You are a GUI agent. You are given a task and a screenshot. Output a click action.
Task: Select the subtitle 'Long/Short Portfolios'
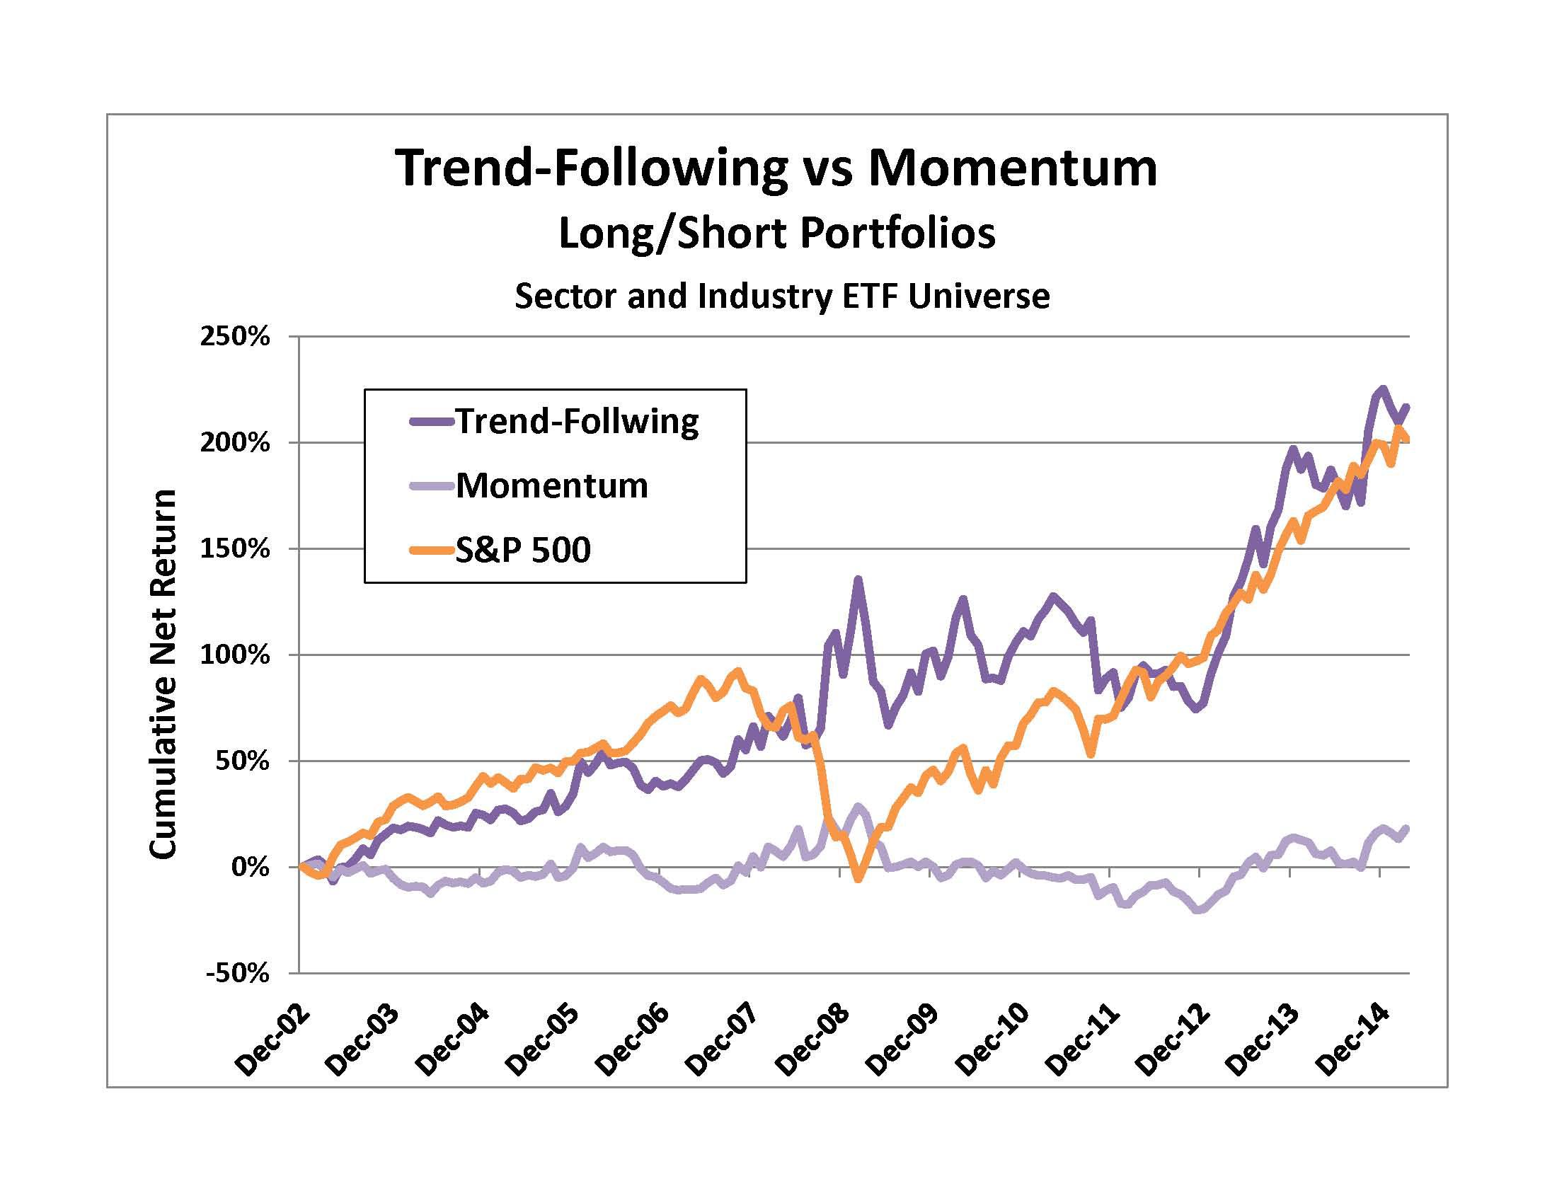click(x=776, y=233)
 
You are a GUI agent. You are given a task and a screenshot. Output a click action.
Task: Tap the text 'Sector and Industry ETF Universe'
click(x=782, y=296)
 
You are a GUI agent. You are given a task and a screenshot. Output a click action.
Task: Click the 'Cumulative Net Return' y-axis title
click(x=163, y=674)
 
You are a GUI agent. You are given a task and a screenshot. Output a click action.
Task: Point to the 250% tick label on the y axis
click(x=234, y=336)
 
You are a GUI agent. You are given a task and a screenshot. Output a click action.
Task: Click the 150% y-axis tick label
click(x=234, y=548)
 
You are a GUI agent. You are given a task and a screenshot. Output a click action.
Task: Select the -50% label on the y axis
click(x=237, y=974)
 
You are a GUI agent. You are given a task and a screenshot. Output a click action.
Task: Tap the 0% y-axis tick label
click(x=249, y=868)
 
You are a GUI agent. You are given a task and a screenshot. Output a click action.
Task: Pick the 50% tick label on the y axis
click(x=241, y=761)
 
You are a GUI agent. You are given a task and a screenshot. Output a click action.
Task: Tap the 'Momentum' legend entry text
click(x=552, y=486)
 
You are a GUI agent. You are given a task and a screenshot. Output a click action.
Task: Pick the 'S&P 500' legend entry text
click(x=523, y=550)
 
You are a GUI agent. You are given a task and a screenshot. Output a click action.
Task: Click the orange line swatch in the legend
click(x=432, y=550)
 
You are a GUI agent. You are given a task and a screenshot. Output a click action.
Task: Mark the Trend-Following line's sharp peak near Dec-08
click(x=858, y=579)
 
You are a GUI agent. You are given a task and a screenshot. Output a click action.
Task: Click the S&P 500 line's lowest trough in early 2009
click(x=858, y=880)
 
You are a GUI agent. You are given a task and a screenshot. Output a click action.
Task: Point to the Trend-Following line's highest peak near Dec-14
click(x=1382, y=388)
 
